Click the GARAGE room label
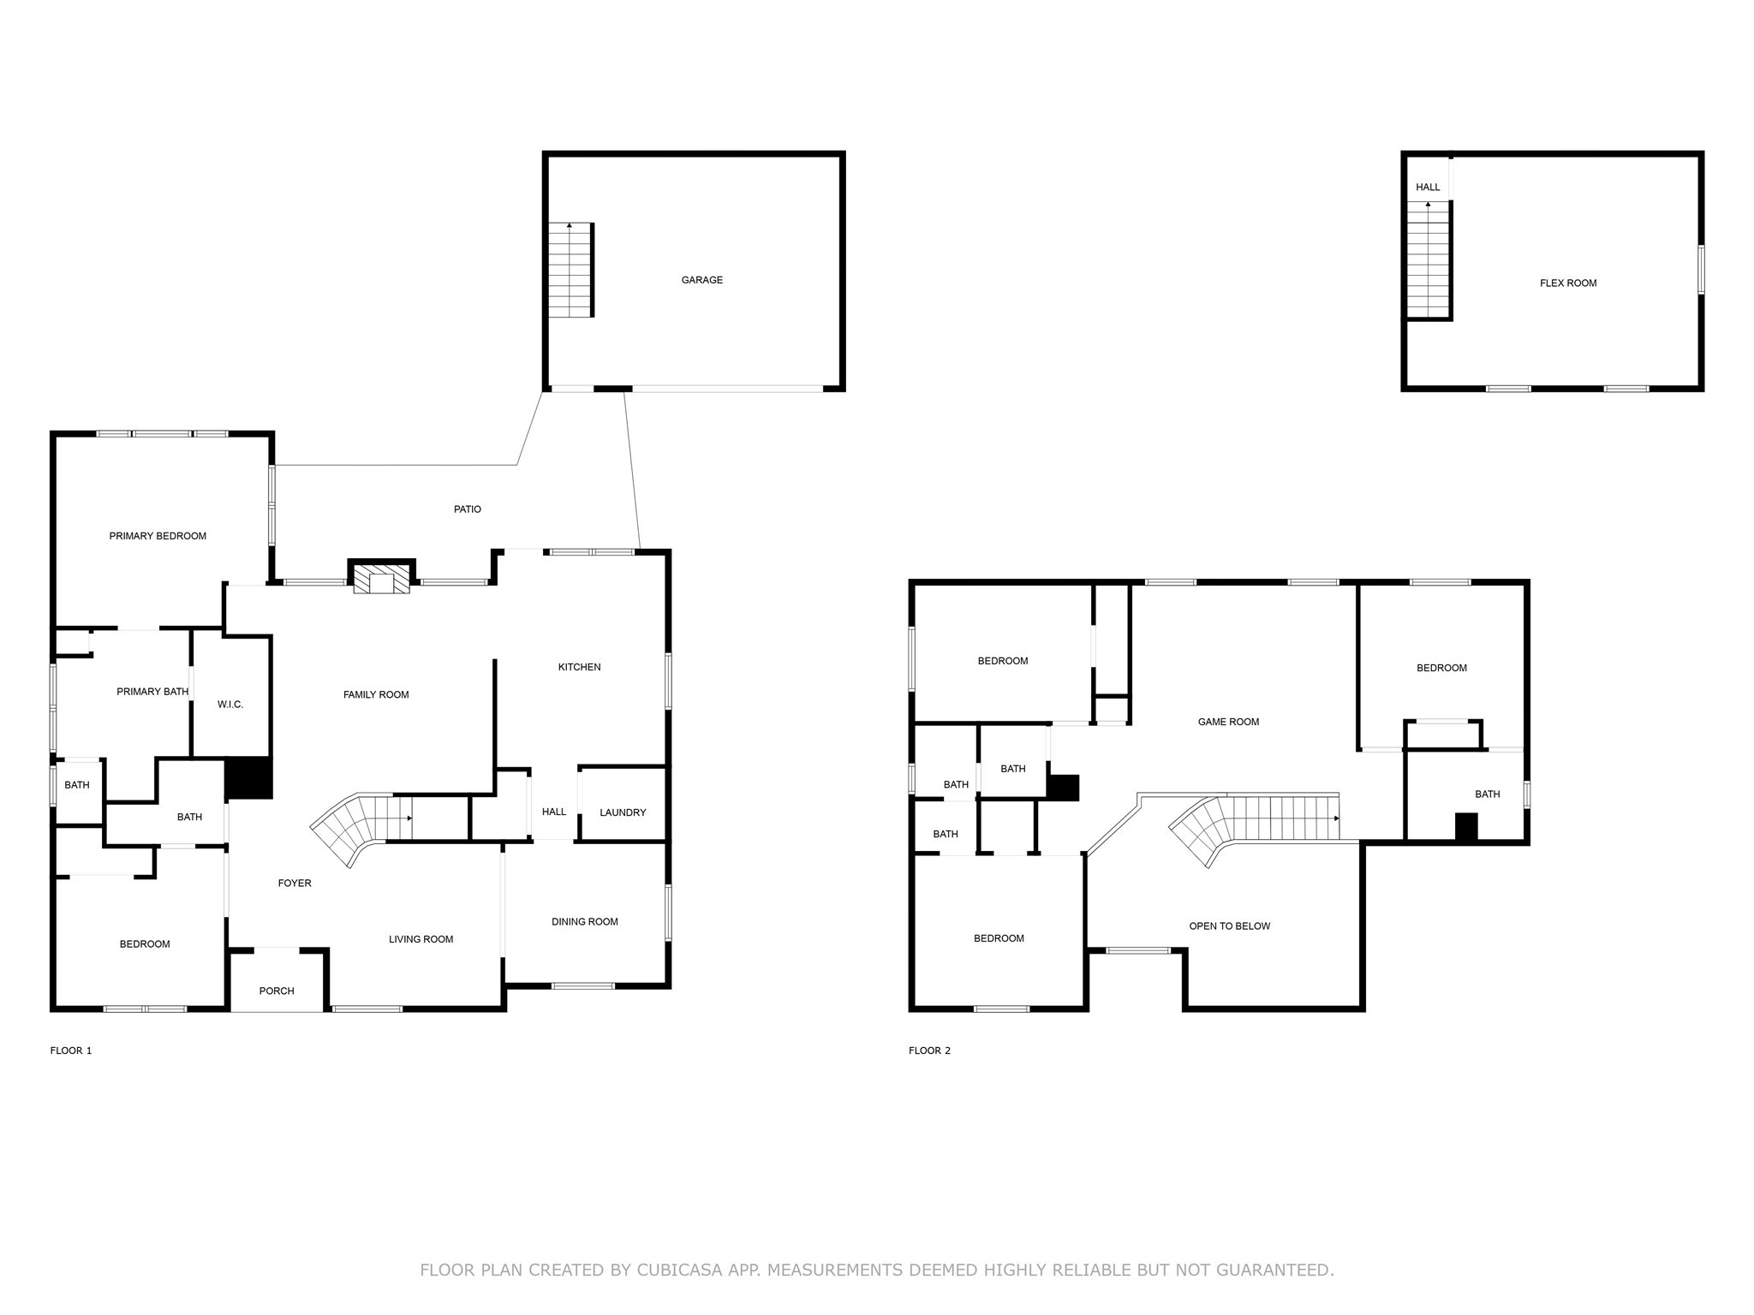[701, 280]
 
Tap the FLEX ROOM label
[1567, 283]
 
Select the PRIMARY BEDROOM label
[158, 536]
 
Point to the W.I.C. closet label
[230, 705]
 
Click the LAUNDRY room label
[623, 812]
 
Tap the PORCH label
[277, 991]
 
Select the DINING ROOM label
[584, 922]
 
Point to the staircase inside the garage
[570, 270]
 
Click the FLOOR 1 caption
[71, 1050]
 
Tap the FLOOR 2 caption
[929, 1050]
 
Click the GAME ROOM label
[1228, 722]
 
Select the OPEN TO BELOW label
[1229, 926]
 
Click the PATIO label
[467, 509]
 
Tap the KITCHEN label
[579, 667]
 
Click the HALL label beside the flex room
[1428, 187]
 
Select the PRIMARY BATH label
[152, 692]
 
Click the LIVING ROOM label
[421, 939]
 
